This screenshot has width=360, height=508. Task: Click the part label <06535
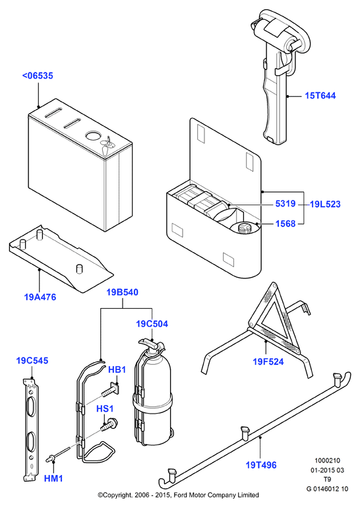coord(38,76)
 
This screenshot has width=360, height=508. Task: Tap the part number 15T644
coord(320,96)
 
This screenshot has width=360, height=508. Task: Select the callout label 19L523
coord(325,204)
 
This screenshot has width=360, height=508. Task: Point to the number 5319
coord(285,203)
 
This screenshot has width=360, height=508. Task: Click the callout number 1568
coord(285,224)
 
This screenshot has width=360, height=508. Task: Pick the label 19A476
coord(40,297)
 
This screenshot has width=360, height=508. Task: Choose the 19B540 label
coord(123,292)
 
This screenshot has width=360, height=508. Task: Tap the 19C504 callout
coord(152,324)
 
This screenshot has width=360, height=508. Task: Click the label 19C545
coord(32,361)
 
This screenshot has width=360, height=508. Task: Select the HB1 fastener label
coord(117,369)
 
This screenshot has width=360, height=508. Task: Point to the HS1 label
coord(105,409)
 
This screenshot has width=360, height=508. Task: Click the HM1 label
coord(53,478)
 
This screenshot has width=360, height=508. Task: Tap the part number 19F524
coord(268,362)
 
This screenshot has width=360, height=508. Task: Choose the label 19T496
coord(261,465)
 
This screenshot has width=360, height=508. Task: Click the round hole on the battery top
coord(93,136)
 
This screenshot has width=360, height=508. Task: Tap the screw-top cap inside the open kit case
coord(245,228)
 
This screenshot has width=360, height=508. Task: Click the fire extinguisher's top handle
coord(150,342)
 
